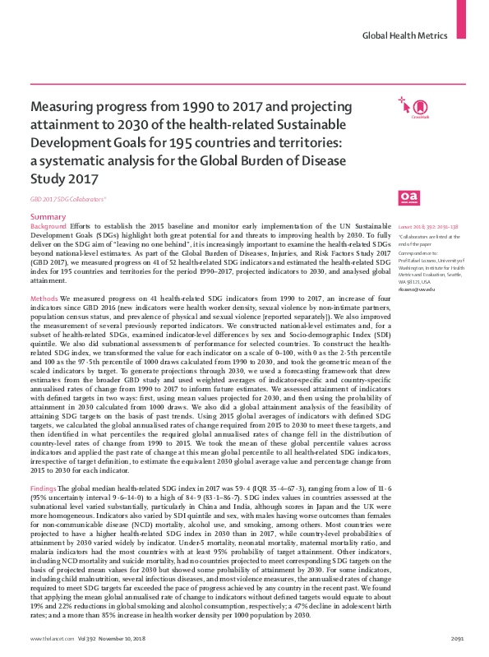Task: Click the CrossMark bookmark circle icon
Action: [420, 105]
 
